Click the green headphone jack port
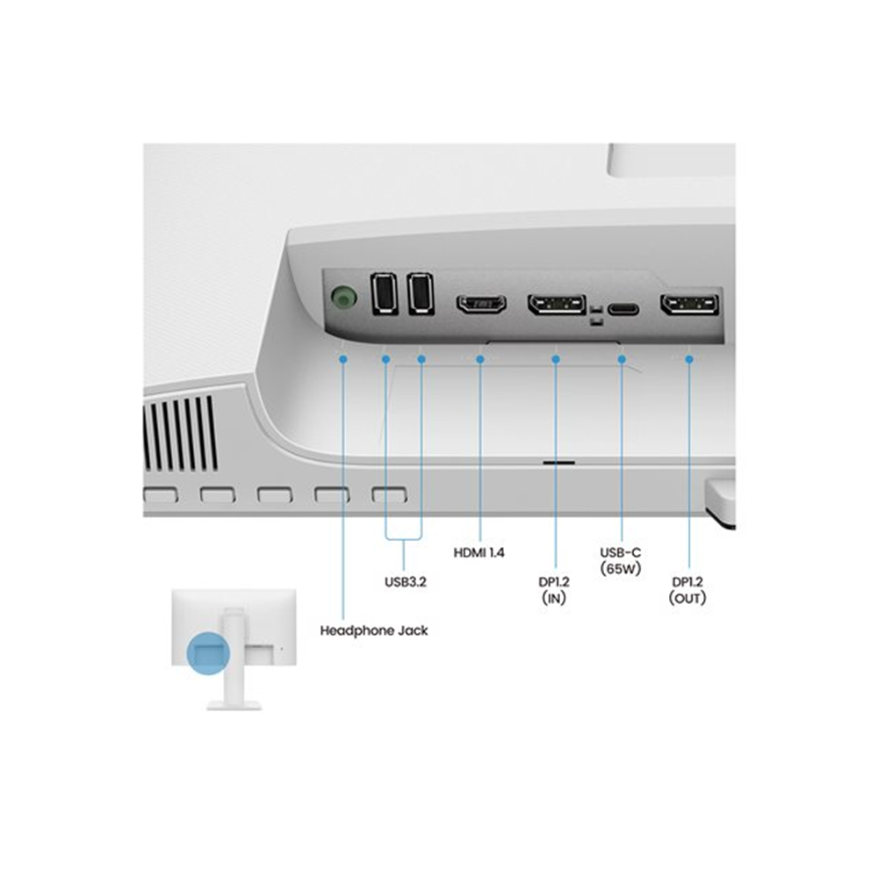pos(343,299)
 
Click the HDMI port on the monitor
pos(480,305)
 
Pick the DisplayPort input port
pos(556,305)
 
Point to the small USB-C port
pos(623,308)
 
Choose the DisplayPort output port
pos(689,305)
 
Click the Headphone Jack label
pos(374,630)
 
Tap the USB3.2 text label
pos(405,580)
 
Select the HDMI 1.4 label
pos(479,553)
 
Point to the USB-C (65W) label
pos(621,560)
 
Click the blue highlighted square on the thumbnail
pos(207,651)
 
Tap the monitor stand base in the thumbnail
pos(234,703)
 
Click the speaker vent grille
pos(180,432)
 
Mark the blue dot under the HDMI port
pos(480,359)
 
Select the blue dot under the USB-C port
pos(623,359)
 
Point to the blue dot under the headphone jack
pos(343,359)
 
